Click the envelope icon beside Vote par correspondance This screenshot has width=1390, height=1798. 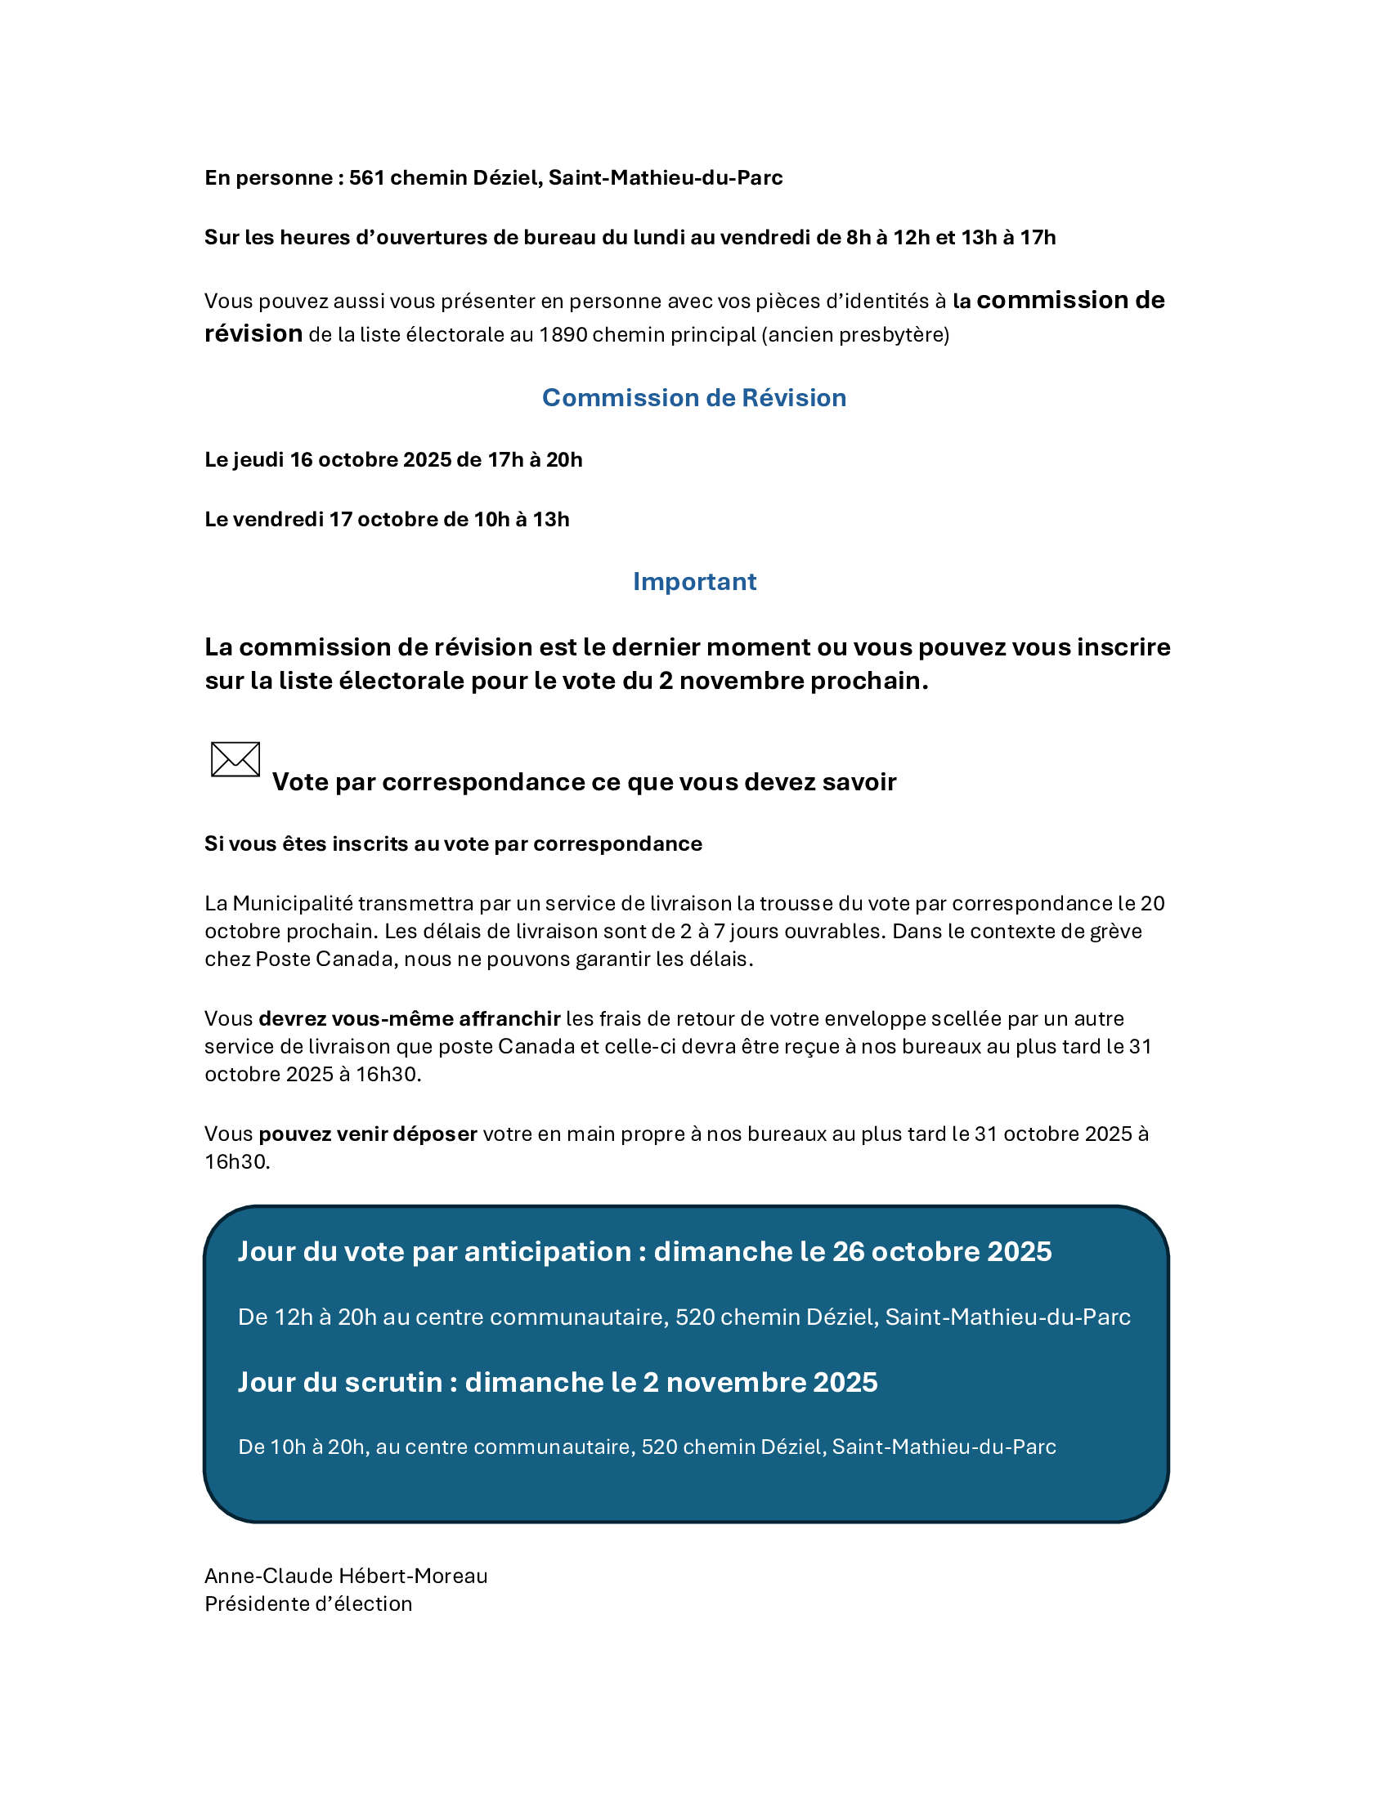pos(235,759)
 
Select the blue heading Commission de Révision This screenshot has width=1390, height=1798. pos(694,398)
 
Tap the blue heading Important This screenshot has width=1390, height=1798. pos(694,581)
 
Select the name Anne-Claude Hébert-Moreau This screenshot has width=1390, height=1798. pos(346,1576)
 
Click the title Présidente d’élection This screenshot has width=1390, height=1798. pos(309,1603)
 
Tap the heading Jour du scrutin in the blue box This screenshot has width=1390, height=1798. pos(341,1381)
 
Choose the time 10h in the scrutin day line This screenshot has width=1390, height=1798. pos(288,1447)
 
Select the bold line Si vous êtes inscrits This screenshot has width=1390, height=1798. pos(453,844)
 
